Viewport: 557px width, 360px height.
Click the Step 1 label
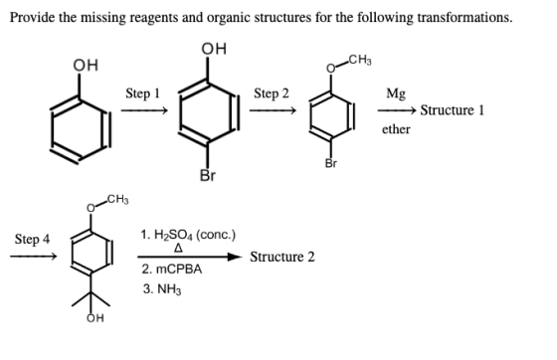(x=143, y=93)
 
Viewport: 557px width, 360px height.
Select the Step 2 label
(x=272, y=93)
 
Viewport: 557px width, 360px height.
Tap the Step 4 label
(x=32, y=240)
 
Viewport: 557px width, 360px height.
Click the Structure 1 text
(x=453, y=110)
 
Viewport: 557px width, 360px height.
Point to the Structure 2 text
(x=282, y=257)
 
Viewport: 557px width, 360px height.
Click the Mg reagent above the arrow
(x=396, y=93)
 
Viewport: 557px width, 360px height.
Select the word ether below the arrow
(x=396, y=129)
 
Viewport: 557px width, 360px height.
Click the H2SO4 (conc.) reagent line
(x=188, y=235)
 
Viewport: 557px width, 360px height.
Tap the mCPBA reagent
(x=172, y=270)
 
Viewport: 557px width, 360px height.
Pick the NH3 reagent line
(x=162, y=289)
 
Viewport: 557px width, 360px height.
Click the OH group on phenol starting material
(x=86, y=66)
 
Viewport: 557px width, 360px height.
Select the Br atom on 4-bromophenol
(x=208, y=175)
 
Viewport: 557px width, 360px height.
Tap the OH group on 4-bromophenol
(x=214, y=49)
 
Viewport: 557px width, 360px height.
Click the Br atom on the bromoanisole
(x=330, y=163)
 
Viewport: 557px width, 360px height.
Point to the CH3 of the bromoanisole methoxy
(x=360, y=61)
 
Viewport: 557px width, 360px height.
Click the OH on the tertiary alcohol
(x=95, y=318)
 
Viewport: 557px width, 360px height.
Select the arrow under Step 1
(x=144, y=110)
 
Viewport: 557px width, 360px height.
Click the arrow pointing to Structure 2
(x=189, y=257)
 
